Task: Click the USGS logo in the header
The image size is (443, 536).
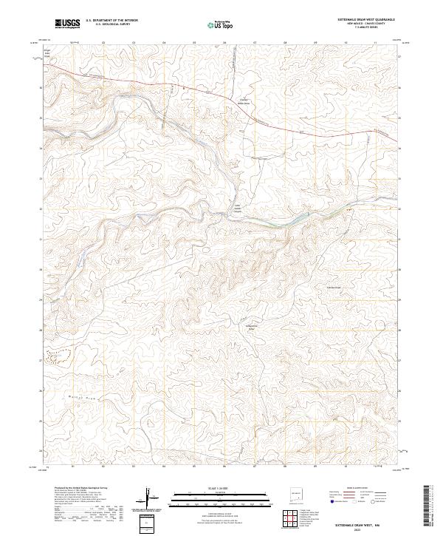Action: click(67, 24)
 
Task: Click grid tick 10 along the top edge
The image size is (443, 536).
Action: click(346, 43)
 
